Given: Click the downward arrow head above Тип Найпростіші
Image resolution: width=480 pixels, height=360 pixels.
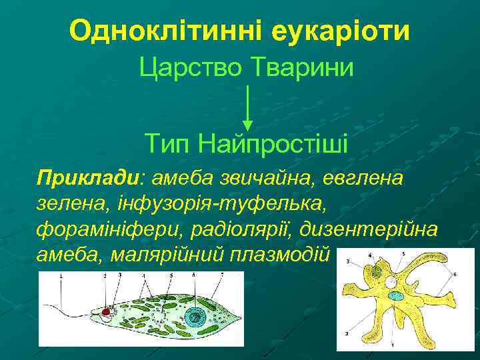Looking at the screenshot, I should [247, 125].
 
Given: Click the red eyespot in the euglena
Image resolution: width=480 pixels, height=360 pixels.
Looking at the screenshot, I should [105, 311].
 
